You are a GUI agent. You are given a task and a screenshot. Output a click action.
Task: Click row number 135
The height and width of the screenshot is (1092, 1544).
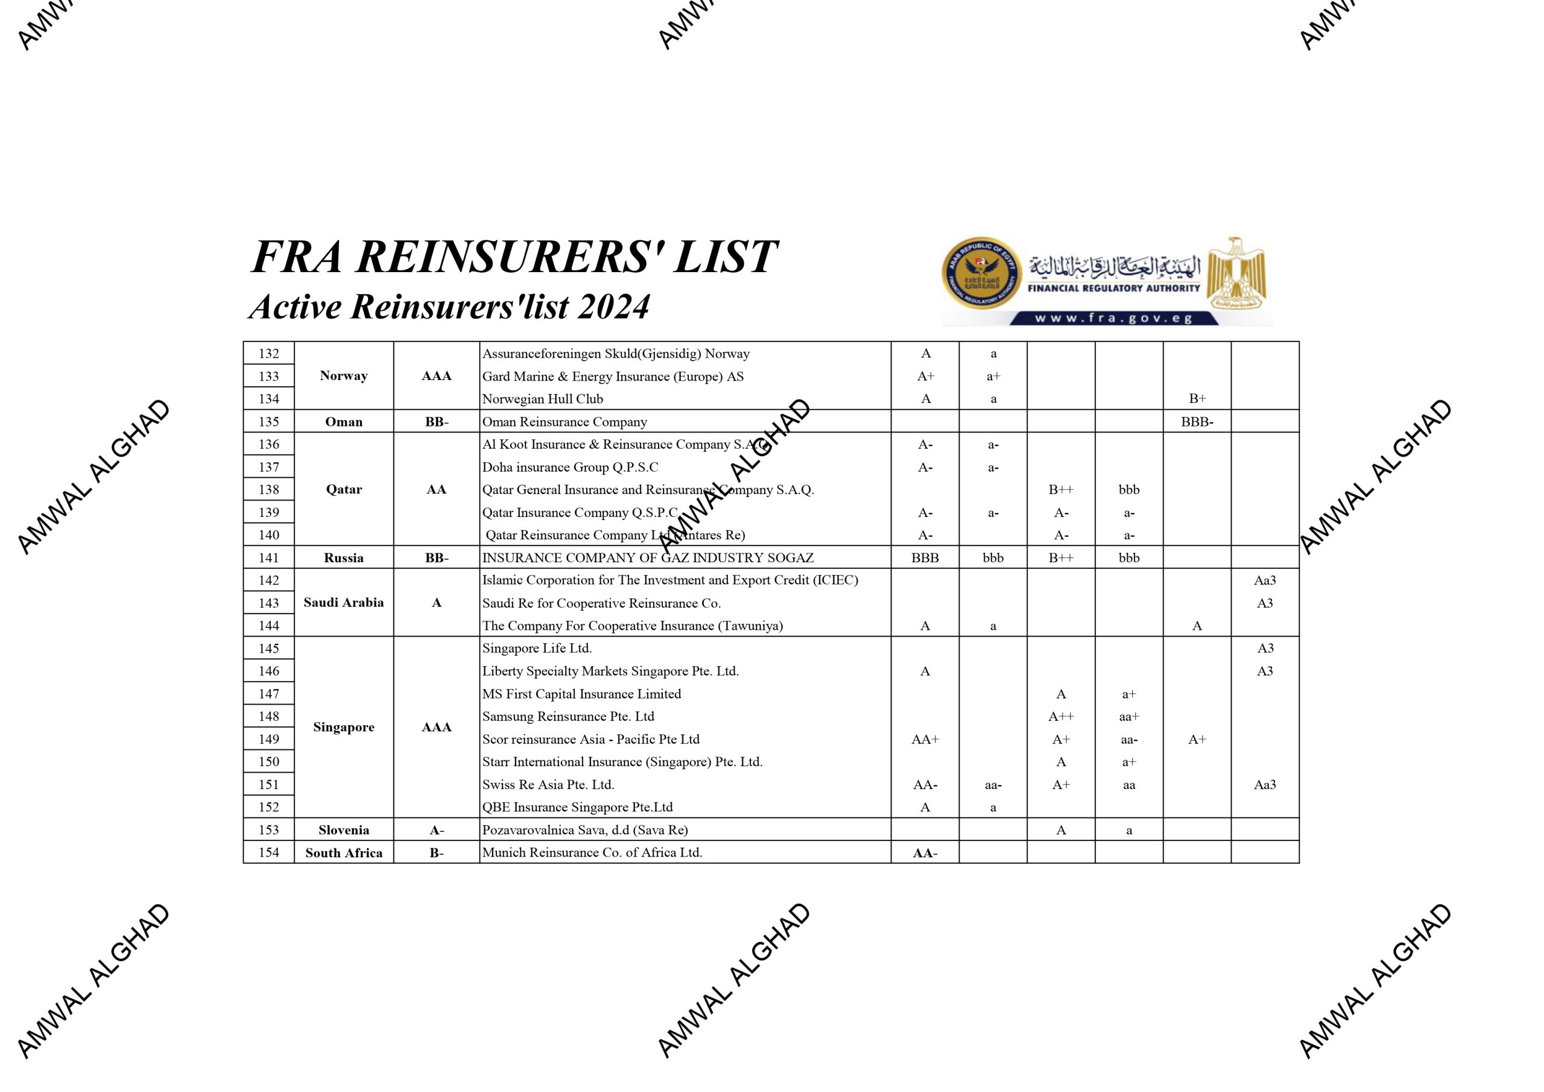pyautogui.click(x=268, y=422)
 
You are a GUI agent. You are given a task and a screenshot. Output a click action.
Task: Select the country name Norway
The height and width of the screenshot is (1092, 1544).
pyautogui.click(x=344, y=376)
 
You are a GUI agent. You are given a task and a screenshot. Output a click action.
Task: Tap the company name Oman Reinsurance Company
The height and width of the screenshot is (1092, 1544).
pyautogui.click(x=564, y=422)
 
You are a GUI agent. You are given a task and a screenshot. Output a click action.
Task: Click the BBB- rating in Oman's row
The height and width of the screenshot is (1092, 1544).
pyautogui.click(x=1197, y=422)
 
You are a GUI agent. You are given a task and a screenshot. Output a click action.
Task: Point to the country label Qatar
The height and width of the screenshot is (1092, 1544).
pyautogui.click(x=344, y=490)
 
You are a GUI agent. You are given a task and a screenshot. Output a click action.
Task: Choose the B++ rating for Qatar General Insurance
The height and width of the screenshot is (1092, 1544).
pyautogui.click(x=1060, y=490)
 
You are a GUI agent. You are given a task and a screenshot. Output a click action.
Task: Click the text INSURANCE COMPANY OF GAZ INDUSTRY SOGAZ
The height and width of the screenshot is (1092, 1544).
pyautogui.click(x=648, y=558)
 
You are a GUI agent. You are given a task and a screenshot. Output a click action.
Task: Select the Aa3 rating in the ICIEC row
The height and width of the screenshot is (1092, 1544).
pyautogui.click(x=1264, y=580)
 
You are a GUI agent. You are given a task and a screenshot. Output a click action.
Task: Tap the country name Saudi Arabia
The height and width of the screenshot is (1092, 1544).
pyautogui.click(x=344, y=603)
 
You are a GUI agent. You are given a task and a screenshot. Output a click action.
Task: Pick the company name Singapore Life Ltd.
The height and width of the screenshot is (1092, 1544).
pyautogui.click(x=537, y=649)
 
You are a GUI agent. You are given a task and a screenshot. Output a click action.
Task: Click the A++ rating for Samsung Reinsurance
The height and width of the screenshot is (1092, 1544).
pyautogui.click(x=1060, y=717)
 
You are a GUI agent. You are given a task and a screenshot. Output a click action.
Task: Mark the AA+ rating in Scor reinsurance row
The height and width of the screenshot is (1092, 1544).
pyautogui.click(x=925, y=740)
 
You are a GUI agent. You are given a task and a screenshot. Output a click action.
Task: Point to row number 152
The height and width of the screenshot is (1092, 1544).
pyautogui.click(x=268, y=807)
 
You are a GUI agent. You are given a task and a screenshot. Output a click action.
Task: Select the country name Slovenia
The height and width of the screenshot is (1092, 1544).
pyautogui.click(x=344, y=830)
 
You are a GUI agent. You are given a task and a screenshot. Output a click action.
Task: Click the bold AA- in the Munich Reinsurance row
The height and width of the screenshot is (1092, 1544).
pyautogui.click(x=925, y=853)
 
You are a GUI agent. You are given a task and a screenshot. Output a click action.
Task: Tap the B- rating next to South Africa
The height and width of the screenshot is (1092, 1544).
pyautogui.click(x=437, y=853)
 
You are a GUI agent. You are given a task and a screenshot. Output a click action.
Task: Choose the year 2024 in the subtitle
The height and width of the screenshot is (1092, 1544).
pyautogui.click(x=614, y=307)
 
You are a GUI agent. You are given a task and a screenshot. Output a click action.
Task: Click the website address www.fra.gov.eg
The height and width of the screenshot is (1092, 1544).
pyautogui.click(x=1113, y=318)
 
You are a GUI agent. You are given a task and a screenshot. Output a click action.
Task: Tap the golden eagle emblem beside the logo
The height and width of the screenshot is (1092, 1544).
pyautogui.click(x=1236, y=273)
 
